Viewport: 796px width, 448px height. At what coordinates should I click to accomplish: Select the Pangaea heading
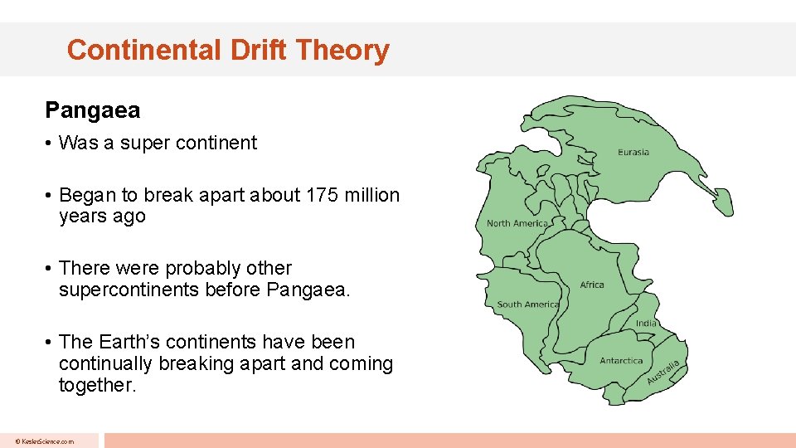(93, 110)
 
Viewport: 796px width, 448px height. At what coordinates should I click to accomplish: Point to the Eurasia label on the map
(633, 152)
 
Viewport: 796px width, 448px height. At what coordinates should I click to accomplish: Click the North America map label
(517, 223)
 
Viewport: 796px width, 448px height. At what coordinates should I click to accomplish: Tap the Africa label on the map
(592, 285)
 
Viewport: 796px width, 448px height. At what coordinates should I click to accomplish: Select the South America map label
(527, 304)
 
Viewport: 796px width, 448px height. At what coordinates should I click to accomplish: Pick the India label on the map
(646, 323)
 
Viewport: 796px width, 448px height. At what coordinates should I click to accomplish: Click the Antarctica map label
(621, 361)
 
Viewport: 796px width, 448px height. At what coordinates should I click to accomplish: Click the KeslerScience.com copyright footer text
(44, 441)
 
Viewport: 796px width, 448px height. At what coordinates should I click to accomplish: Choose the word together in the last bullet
(96, 385)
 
